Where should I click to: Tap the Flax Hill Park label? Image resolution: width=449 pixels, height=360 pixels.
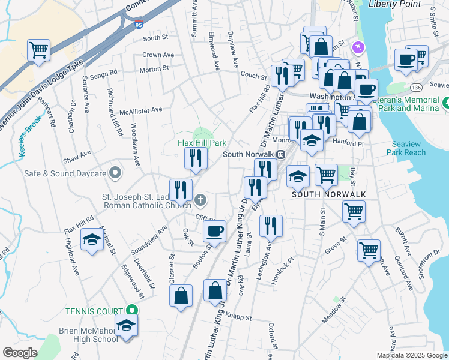click(202, 143)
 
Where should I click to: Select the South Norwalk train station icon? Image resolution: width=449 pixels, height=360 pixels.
click(280, 154)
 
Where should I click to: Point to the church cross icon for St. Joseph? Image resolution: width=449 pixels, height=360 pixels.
click(200, 199)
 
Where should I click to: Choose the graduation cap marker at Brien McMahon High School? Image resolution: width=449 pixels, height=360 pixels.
click(126, 326)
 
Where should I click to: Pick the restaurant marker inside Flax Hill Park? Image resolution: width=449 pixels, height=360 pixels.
click(196, 158)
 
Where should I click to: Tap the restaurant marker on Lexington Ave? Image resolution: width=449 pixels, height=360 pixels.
click(271, 226)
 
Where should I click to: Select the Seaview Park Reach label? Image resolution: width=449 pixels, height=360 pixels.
click(409, 148)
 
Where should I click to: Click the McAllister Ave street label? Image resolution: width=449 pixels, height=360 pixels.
click(141, 110)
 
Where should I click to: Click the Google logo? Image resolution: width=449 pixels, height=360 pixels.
click(20, 353)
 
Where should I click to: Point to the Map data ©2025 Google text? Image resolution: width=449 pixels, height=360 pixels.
click(412, 355)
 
